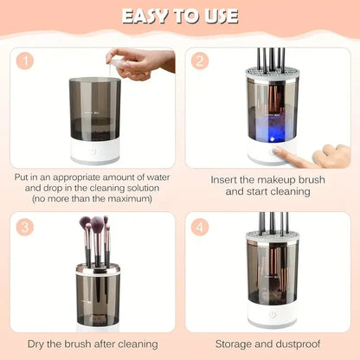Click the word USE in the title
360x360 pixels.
click(217, 16)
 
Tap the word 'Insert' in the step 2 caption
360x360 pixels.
click(226, 179)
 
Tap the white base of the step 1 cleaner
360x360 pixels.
click(97, 155)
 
